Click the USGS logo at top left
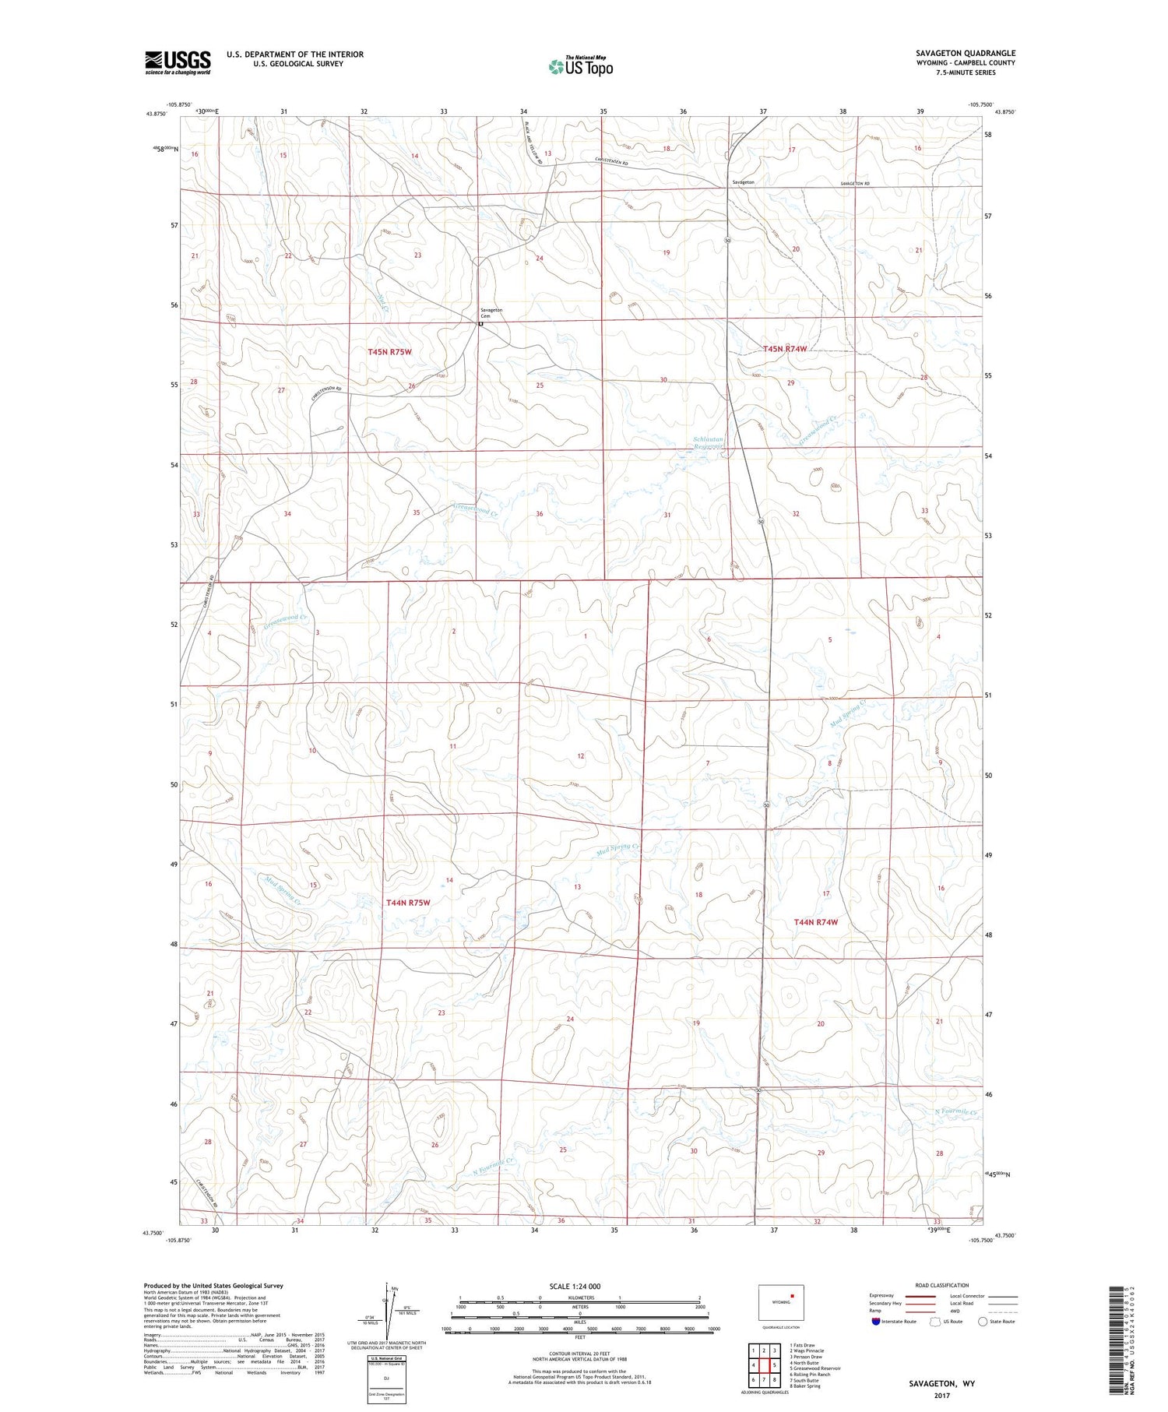click(178, 62)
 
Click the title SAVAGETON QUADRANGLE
click(966, 53)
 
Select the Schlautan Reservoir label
click(709, 443)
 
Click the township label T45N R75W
click(389, 352)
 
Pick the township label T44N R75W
click(408, 903)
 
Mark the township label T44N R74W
click(815, 922)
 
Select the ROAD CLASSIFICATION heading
click(941, 1285)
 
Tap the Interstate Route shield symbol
click(876, 1322)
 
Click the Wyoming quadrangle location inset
click(780, 1303)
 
